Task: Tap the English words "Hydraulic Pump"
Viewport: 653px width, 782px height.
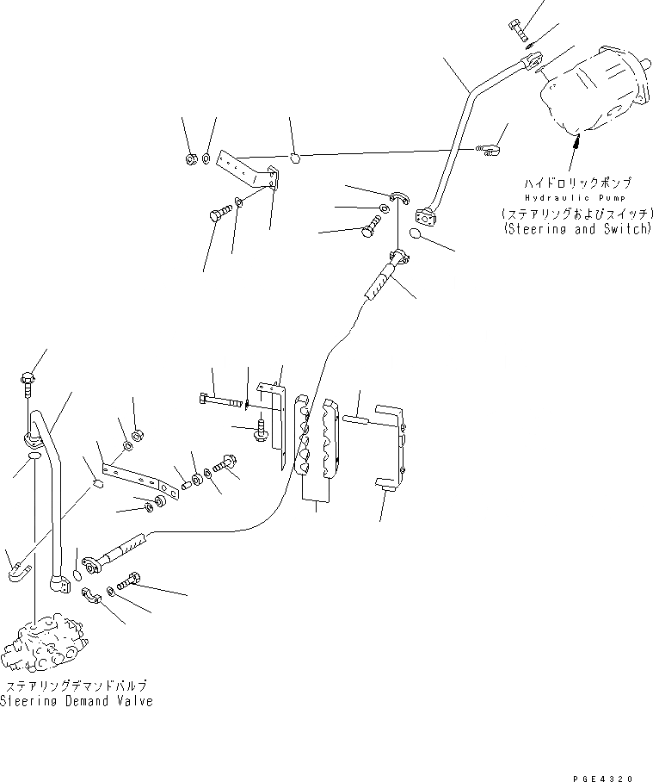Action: click(x=571, y=197)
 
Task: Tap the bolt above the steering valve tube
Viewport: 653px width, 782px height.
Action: click(x=28, y=380)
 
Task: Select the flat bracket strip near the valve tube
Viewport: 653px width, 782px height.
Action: click(x=138, y=478)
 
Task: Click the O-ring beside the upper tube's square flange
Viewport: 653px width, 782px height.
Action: click(x=416, y=235)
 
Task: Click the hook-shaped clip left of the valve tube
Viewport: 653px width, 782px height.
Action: click(x=18, y=572)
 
